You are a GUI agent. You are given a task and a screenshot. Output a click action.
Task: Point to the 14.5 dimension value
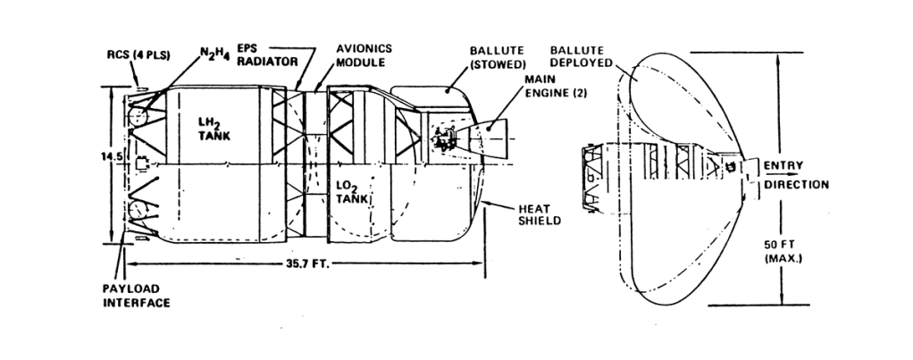click(x=113, y=155)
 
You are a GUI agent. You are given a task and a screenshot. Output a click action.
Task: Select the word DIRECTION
click(x=797, y=185)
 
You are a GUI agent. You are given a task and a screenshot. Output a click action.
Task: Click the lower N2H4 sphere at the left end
click(x=138, y=213)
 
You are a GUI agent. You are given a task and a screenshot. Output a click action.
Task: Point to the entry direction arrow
click(x=782, y=175)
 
